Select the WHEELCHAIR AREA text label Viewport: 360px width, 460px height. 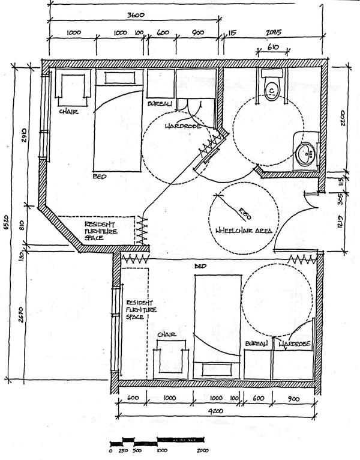pyautogui.click(x=244, y=231)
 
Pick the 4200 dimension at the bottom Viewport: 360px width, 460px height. pyautogui.click(x=217, y=412)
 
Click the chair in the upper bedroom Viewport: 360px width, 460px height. pyautogui.click(x=72, y=88)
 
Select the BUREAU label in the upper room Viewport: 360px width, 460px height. pyautogui.click(x=160, y=104)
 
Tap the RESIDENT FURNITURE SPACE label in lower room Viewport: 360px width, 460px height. pyautogui.click(x=140, y=309)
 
